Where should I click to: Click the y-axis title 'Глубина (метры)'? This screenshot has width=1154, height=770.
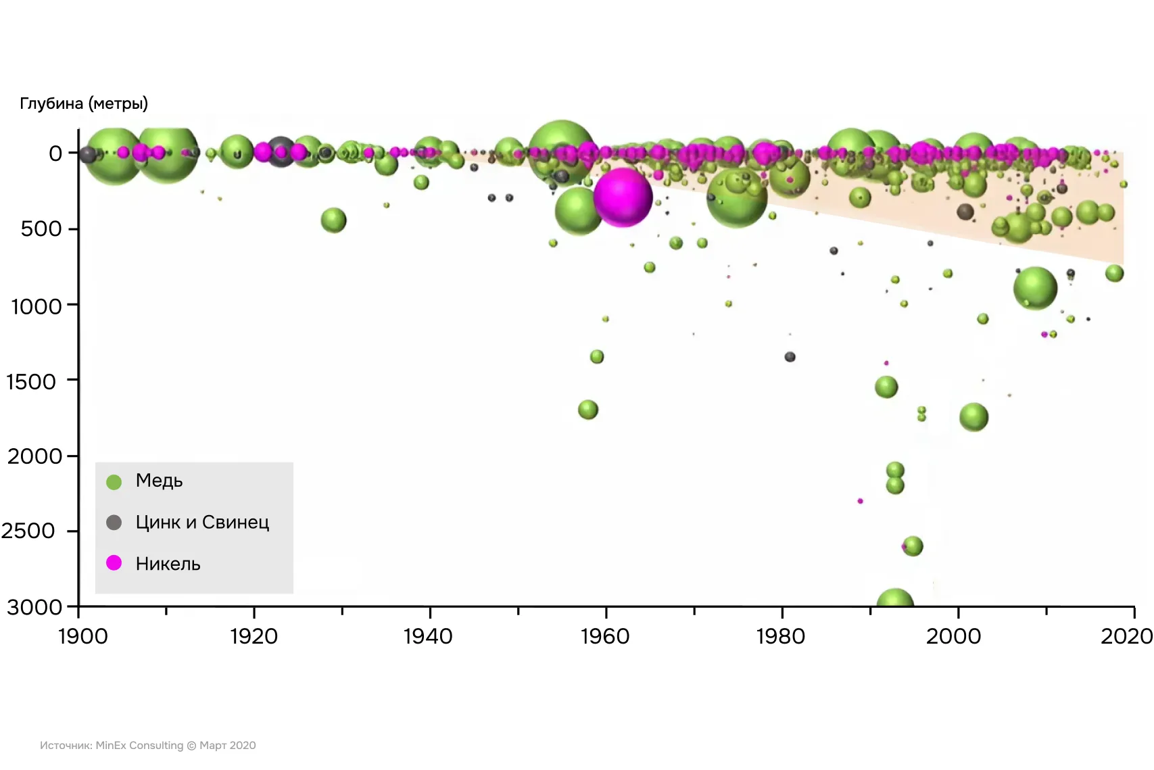84,103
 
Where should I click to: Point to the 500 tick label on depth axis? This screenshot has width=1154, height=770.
41,228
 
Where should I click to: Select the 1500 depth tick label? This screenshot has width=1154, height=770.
31,382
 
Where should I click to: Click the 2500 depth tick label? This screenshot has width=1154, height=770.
28,531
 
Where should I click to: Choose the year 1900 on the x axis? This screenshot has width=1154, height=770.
82,636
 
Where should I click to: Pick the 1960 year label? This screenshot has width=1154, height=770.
605,636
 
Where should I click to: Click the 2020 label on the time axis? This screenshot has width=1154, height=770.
1126,636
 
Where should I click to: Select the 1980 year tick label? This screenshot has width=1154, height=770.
781,636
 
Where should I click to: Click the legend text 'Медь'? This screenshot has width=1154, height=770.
159,481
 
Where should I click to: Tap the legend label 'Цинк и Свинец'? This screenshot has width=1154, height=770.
202,522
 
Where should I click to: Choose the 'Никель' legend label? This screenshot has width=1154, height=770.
168,564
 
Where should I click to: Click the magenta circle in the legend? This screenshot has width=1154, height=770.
114,562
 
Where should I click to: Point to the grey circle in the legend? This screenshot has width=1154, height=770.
114,522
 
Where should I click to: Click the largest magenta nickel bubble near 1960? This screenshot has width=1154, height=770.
623,197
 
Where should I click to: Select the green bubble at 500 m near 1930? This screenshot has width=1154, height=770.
333,220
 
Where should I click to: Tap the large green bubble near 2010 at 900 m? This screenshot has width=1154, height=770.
1035,288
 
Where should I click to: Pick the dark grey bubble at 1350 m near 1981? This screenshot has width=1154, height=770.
790,356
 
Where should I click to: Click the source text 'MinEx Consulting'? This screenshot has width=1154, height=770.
139,745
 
